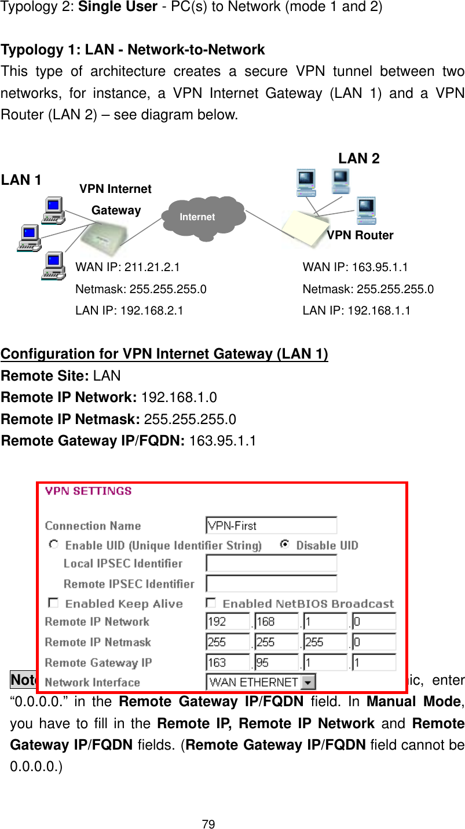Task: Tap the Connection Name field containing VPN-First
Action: (271, 525)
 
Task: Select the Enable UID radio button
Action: (54, 545)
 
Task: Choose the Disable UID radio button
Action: (284, 545)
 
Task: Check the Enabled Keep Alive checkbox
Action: (53, 603)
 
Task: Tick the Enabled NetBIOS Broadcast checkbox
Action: (211, 603)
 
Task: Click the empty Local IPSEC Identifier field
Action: (271, 563)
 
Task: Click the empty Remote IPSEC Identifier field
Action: (271, 583)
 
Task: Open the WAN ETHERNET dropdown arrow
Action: (309, 682)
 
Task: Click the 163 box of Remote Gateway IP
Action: (228, 662)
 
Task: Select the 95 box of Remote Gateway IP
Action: (276, 662)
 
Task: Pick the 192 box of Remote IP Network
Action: (228, 622)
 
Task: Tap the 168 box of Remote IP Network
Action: (276, 622)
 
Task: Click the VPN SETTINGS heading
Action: (89, 491)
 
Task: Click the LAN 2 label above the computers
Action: (359, 159)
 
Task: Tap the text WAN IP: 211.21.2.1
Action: (127, 267)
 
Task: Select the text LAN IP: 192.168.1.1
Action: (356, 310)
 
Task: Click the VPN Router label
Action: (360, 235)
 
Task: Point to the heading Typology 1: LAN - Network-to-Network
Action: (133, 50)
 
